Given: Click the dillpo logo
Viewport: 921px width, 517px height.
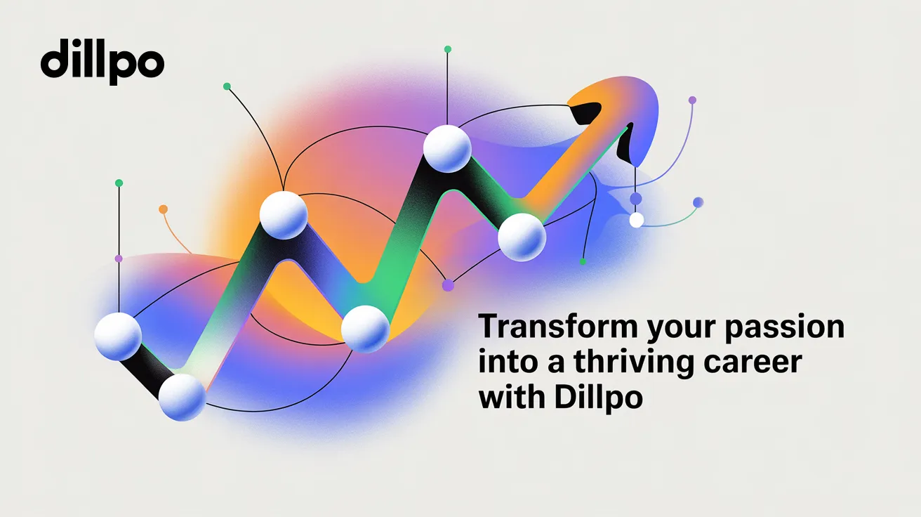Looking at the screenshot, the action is [x=102, y=62].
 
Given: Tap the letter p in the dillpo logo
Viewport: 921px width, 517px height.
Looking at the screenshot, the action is [x=122, y=67].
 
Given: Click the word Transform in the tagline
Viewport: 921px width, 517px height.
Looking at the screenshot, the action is [x=558, y=326].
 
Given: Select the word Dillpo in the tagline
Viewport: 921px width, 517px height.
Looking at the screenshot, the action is [x=599, y=398].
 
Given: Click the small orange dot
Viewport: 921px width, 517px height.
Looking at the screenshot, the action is [x=164, y=209].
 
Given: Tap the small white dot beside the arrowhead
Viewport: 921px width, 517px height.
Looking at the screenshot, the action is [x=637, y=220].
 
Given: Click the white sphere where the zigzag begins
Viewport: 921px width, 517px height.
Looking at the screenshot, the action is [x=118, y=336].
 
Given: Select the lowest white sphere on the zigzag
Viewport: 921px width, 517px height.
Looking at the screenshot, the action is [x=182, y=397].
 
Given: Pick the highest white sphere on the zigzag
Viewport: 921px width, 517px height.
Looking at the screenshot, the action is [x=447, y=148].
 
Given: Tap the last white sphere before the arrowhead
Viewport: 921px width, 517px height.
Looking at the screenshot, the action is [x=522, y=237].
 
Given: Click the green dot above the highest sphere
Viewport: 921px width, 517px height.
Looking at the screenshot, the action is [x=448, y=49].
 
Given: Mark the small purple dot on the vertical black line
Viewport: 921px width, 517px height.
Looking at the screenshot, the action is [x=119, y=258].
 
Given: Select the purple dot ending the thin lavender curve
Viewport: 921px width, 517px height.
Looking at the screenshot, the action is [x=692, y=100].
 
